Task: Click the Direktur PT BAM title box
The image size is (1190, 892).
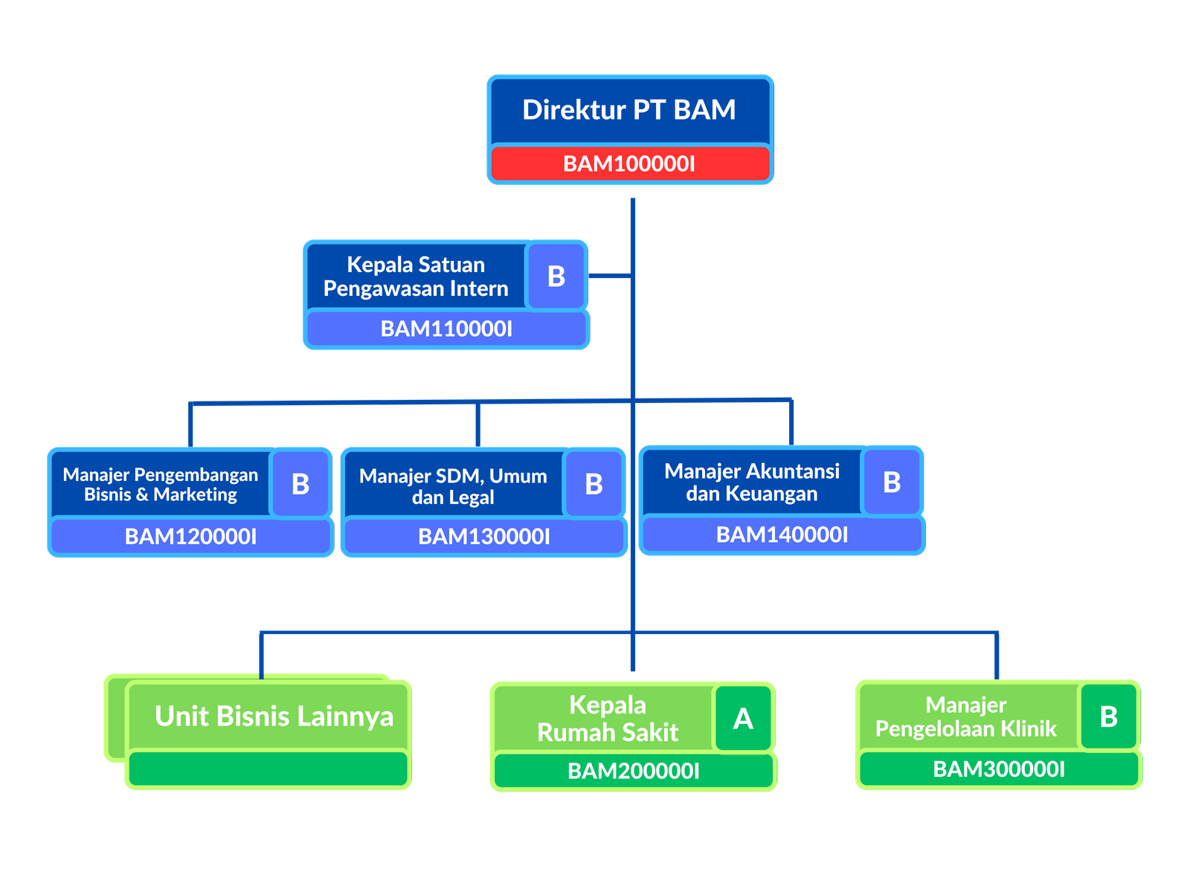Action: coord(629,110)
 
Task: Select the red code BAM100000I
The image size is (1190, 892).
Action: coord(629,164)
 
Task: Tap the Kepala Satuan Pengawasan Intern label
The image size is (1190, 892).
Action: coord(416,277)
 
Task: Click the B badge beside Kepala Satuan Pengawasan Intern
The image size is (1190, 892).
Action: coord(556,277)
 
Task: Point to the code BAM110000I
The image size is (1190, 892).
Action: coord(446,329)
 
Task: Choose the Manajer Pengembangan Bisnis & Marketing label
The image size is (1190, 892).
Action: coord(161,485)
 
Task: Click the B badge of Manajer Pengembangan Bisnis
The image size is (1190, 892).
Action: coord(300,485)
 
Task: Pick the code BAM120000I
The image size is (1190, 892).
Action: coord(190,537)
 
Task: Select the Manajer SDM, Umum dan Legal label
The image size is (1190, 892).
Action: coord(453,486)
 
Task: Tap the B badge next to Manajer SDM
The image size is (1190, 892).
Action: coord(594,485)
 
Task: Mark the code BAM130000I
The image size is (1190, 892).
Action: coord(484,537)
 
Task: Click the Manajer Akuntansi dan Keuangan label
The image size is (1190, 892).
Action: coord(752,482)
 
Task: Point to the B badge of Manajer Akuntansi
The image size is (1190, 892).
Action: coord(892,482)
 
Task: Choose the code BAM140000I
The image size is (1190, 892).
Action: coord(782,534)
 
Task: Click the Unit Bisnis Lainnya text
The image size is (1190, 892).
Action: coord(274,717)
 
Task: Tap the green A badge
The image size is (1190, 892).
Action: coord(743,719)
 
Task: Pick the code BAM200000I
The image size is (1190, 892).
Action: coord(634,771)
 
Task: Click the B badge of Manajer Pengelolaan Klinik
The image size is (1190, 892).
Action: coord(1108,717)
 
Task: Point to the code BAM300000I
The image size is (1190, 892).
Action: coord(999,769)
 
